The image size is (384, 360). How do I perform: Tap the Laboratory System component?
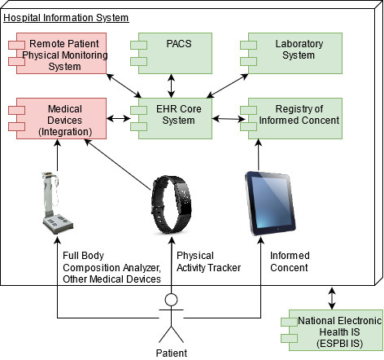coord(291,53)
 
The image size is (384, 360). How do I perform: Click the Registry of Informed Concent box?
coord(291,118)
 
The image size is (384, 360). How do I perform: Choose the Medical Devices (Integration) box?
coord(57,118)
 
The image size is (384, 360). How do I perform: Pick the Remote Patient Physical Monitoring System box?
coord(57,53)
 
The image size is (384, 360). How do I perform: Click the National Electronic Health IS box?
coord(332,330)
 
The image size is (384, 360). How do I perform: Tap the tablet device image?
coord(270,203)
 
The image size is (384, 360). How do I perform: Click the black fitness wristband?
coord(171,204)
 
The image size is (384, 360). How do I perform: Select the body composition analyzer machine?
coord(57,203)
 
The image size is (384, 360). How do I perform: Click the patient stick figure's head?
coord(171,300)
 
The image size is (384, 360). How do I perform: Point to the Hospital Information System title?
coord(66,18)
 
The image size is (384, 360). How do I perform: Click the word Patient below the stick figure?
coord(172,353)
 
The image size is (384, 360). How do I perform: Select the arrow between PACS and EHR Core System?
coord(171,86)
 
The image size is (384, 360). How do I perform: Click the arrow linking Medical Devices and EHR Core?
coord(118,118)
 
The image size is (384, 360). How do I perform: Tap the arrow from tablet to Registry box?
coord(259,155)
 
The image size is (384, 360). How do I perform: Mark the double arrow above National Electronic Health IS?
coord(332,298)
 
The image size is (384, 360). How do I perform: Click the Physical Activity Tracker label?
coord(208,261)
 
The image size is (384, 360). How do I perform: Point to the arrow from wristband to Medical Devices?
coord(118,165)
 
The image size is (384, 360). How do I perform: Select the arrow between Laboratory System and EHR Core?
coord(227,86)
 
